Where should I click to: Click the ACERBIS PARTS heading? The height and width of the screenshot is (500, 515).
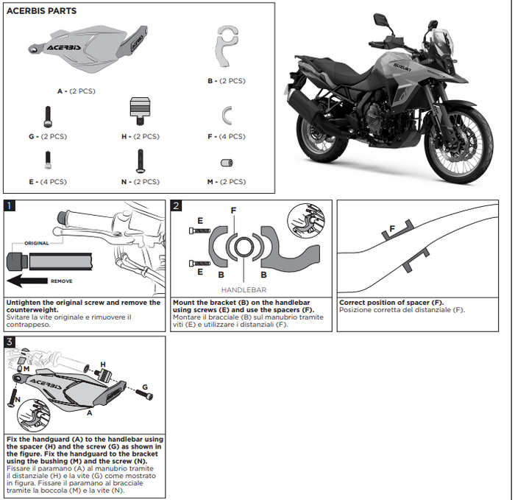pyautogui.click(x=41, y=11)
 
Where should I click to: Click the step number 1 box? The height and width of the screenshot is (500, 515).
pyautogui.click(x=10, y=206)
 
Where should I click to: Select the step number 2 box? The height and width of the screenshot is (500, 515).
pyautogui.click(x=177, y=206)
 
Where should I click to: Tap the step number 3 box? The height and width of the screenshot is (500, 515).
pyautogui.click(x=10, y=342)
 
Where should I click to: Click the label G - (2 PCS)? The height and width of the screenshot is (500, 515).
pyautogui.click(x=48, y=136)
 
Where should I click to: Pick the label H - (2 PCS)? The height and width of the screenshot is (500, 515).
pyautogui.click(x=140, y=136)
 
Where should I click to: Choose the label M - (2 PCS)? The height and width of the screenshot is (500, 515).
pyautogui.click(x=227, y=181)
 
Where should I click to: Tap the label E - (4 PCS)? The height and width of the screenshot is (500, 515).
pyautogui.click(x=48, y=181)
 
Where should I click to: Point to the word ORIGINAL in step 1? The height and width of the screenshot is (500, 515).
pyautogui.click(x=36, y=243)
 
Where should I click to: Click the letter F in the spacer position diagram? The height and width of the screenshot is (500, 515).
pyautogui.click(x=392, y=229)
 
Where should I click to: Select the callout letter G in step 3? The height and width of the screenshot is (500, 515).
pyautogui.click(x=146, y=387)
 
